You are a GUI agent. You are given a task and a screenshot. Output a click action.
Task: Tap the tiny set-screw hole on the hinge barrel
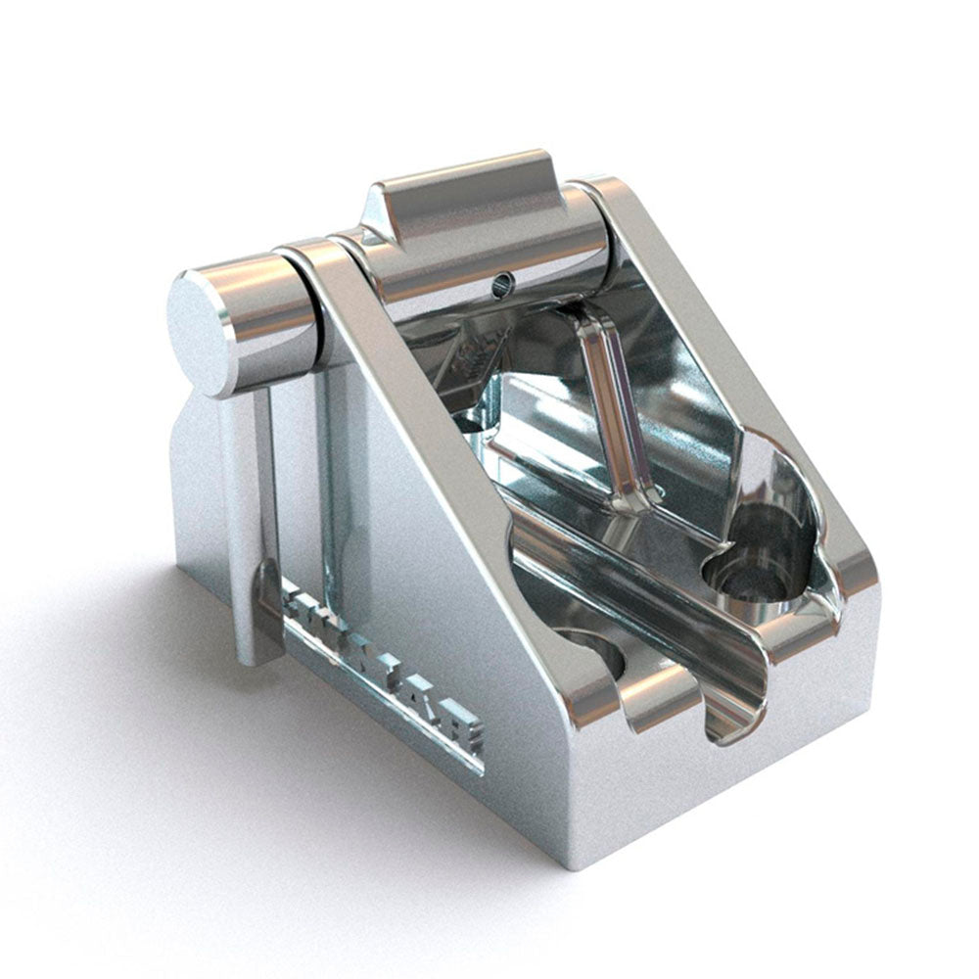pos(502,282)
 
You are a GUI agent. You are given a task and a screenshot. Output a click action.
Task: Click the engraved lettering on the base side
pos(382,666)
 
